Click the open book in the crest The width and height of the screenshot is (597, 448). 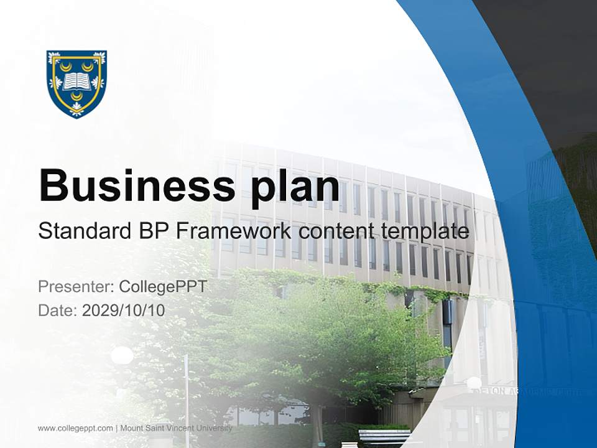pos(77,81)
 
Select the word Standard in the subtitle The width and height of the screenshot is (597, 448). pos(82,231)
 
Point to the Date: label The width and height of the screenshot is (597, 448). pos(58,310)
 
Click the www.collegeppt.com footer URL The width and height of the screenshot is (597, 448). pos(75,428)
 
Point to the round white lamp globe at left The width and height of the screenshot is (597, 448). pos(122,356)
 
